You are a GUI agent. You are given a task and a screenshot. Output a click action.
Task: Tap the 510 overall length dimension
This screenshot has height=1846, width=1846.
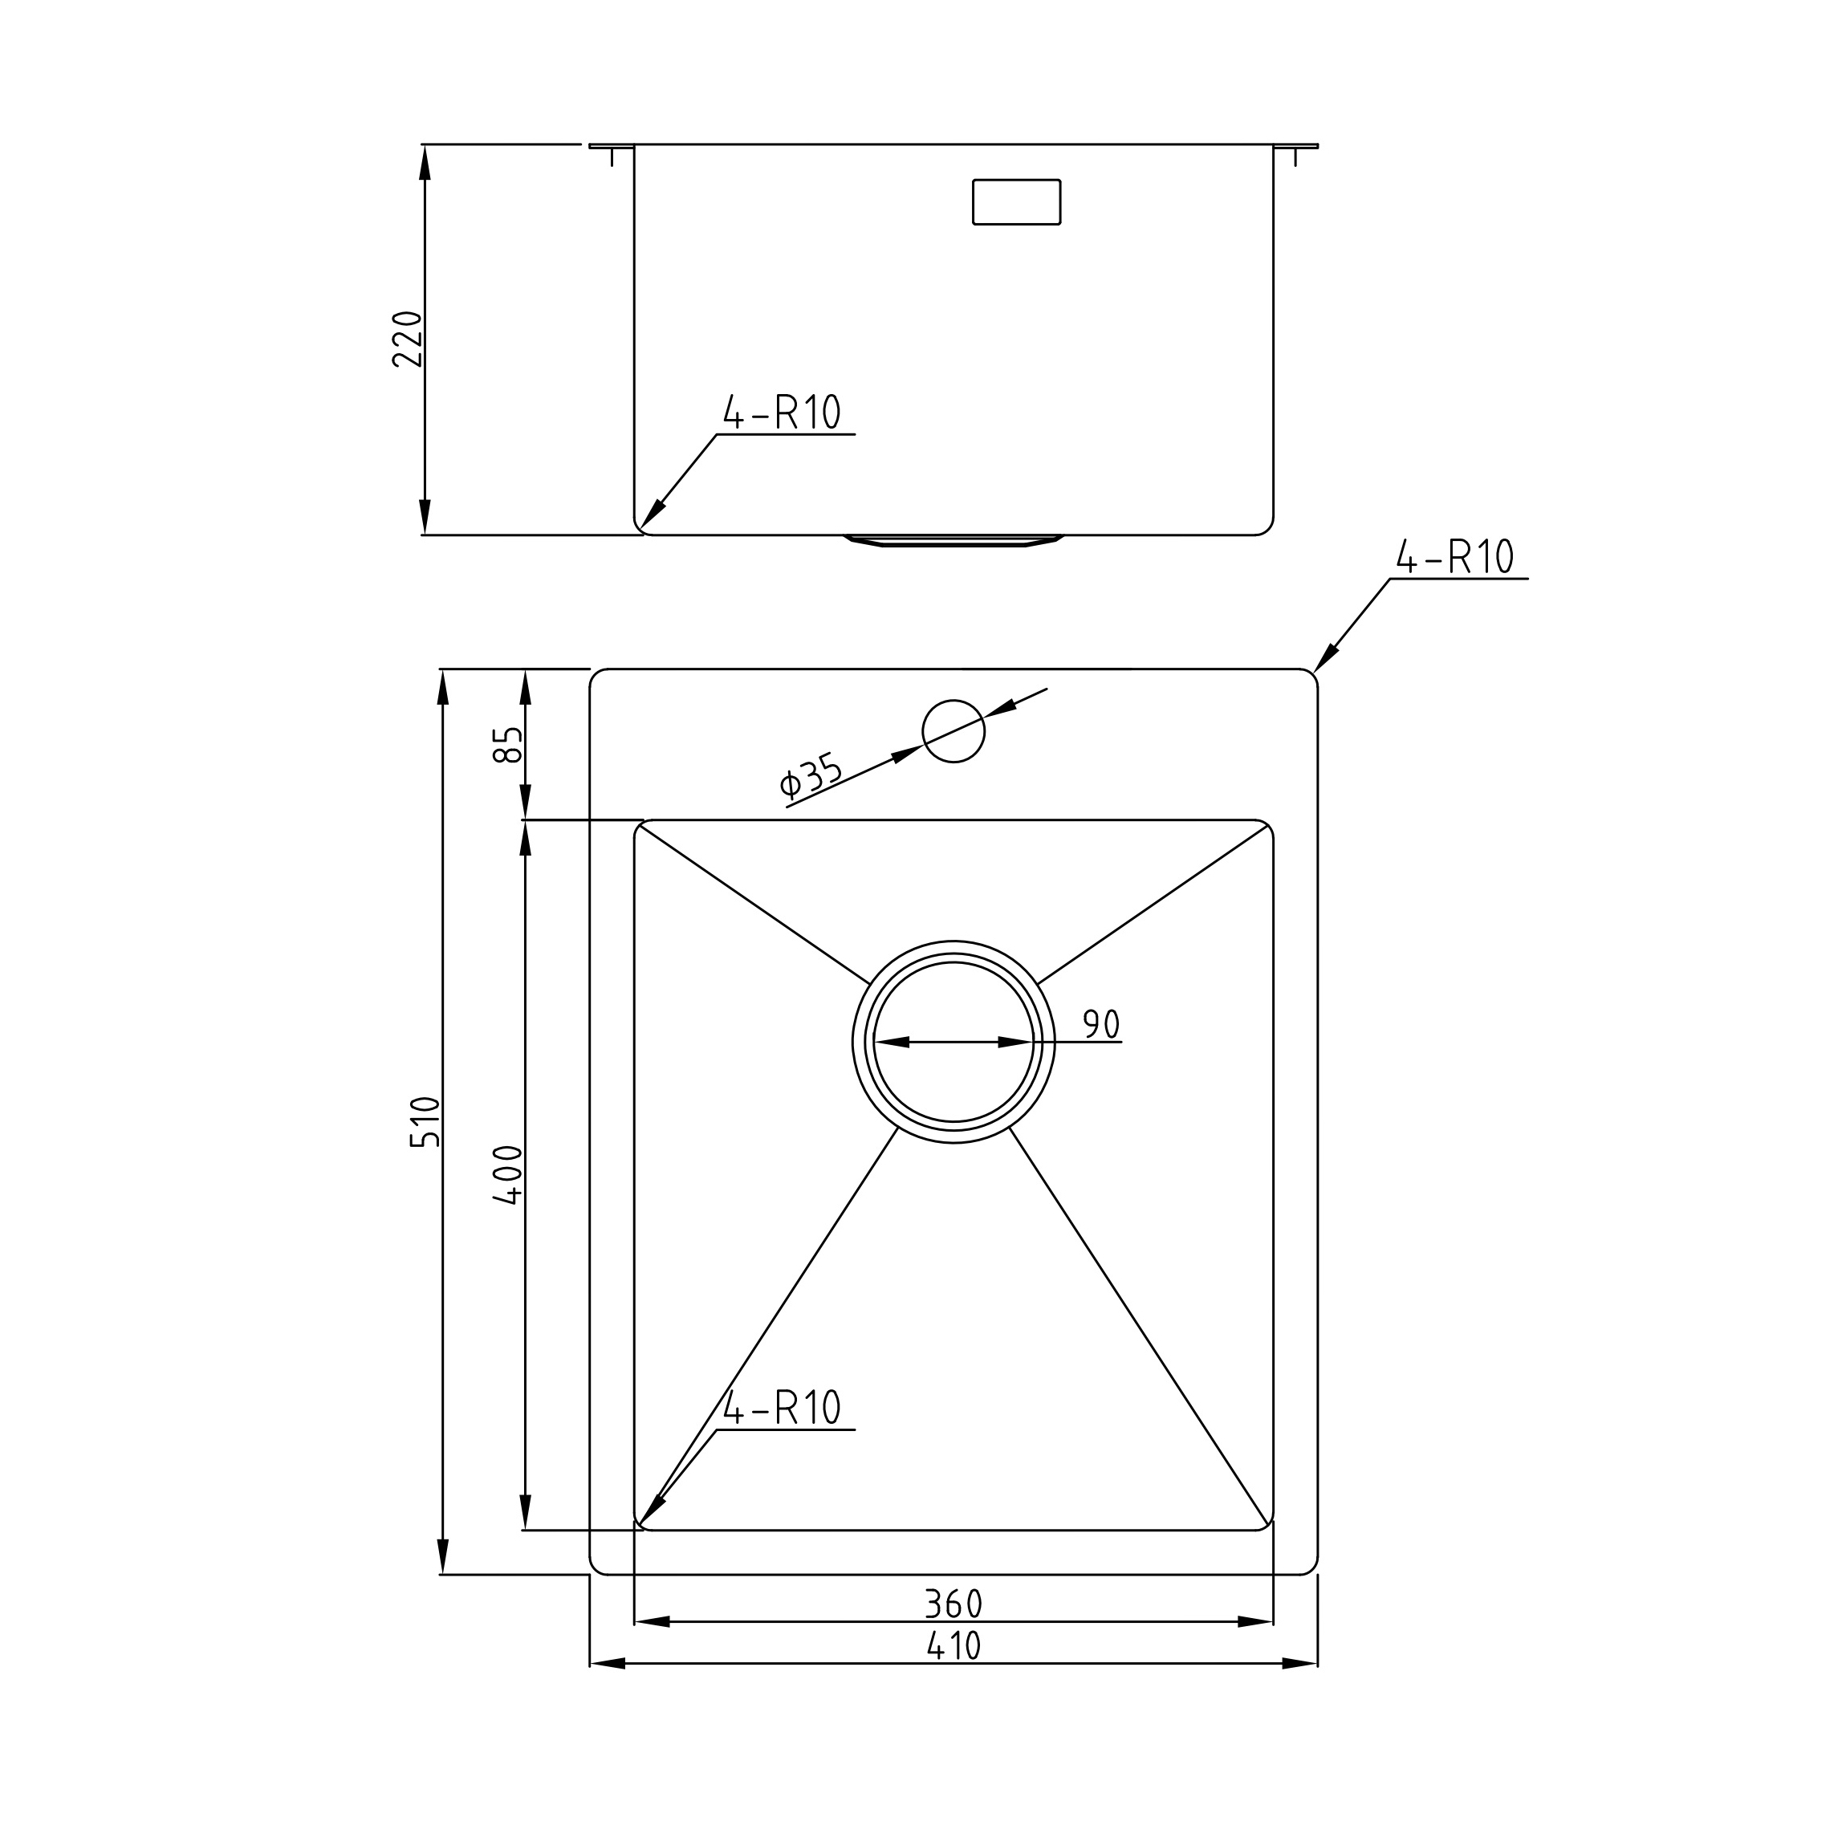point(425,1122)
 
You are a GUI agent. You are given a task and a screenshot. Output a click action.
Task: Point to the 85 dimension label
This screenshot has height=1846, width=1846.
point(508,746)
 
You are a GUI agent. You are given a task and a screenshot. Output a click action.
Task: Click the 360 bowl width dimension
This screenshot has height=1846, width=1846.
point(953,1604)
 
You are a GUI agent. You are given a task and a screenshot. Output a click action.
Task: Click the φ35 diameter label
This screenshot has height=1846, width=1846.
point(812,775)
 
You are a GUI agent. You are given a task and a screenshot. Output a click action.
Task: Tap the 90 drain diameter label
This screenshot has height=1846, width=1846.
point(1100,1024)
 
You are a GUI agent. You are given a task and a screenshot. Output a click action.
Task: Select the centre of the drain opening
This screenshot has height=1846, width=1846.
point(953,1043)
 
